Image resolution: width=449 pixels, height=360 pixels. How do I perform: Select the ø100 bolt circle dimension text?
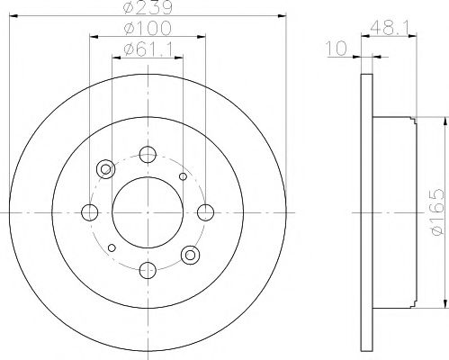[148, 36]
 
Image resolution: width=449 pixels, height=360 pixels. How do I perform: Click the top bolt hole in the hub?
[148, 155]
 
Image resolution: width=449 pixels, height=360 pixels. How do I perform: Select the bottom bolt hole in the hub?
[148, 269]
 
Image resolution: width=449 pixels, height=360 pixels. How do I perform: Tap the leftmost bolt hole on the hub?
[90, 212]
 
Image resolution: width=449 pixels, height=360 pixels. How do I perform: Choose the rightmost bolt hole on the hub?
[206, 212]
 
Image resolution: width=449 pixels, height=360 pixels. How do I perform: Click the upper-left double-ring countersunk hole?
[106, 168]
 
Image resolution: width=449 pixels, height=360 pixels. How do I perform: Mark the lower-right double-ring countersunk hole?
[190, 256]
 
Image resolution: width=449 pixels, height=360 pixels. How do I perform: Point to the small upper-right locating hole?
[183, 176]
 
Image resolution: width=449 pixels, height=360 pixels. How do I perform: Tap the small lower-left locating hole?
[112, 247]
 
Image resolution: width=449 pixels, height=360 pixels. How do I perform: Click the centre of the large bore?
[148, 212]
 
